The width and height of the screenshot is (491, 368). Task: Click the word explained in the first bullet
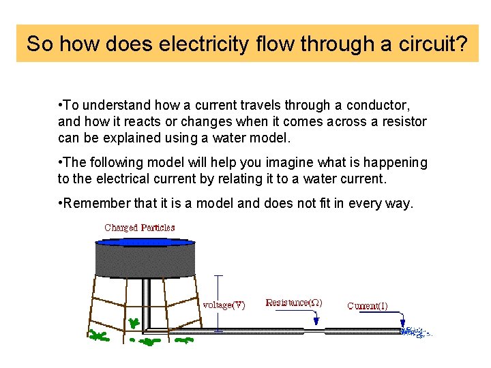pos(123,138)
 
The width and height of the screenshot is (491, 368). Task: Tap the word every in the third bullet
pos(370,204)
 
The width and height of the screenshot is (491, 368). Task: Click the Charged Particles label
pos(139,228)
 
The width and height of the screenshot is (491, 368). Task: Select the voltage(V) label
pos(224,305)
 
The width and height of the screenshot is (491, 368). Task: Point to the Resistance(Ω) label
pos(293,303)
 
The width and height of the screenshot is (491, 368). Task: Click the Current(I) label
pos(368,306)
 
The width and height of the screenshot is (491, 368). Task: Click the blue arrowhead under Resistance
pos(316,322)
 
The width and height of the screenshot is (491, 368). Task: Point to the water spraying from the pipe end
pos(412,332)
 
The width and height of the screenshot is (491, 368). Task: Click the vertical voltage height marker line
pos(218,303)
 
